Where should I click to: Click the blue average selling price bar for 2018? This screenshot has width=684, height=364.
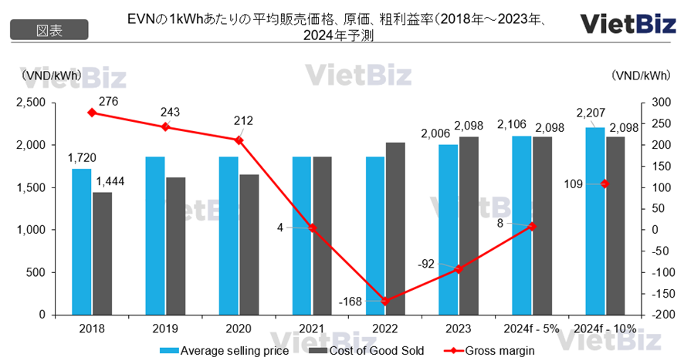click(x=81, y=241)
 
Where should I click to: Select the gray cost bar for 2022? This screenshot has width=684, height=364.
click(x=394, y=228)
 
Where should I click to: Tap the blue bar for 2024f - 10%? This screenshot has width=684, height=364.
click(x=594, y=221)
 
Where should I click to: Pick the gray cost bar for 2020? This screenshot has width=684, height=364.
click(x=249, y=244)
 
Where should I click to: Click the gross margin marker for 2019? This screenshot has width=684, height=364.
click(x=166, y=126)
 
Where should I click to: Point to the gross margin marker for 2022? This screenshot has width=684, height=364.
click(x=385, y=301)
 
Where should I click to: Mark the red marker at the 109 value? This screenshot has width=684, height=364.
click(x=604, y=184)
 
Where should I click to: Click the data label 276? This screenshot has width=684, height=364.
click(x=107, y=100)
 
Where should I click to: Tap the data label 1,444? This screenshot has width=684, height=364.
click(x=109, y=180)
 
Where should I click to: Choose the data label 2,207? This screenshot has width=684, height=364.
click(x=589, y=113)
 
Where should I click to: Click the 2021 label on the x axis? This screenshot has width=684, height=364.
click(x=312, y=328)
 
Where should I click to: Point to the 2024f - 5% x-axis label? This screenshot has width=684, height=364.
click(x=531, y=328)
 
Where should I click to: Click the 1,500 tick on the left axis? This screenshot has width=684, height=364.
click(x=32, y=187)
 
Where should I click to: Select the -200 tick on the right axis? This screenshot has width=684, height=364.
click(x=659, y=315)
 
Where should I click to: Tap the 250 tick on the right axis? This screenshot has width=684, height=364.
click(x=659, y=124)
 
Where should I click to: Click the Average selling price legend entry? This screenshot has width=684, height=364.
click(x=225, y=350)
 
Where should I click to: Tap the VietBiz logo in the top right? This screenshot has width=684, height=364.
click(x=621, y=24)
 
